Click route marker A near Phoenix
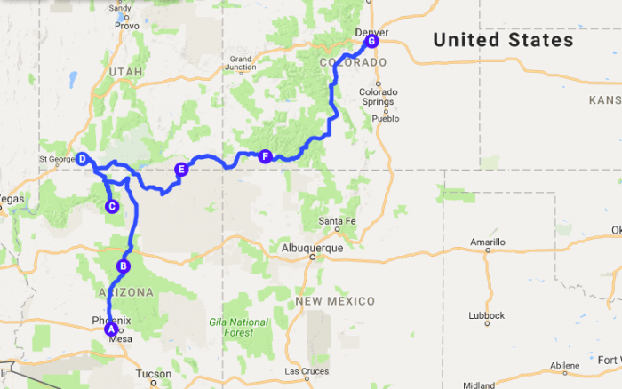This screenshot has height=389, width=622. point(111,329)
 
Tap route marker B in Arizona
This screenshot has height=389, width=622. point(124,266)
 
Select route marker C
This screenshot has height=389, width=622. point(112,207)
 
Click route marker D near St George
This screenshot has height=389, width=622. point(82,160)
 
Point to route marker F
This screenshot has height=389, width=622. point(264,157)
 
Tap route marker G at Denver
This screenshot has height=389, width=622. point(371,41)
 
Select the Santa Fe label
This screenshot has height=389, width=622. point(331,221)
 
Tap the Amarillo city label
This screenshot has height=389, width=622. point(487,242)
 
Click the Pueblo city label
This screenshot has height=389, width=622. point(386,118)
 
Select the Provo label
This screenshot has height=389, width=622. point(127,26)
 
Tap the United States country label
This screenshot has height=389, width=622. point(503,41)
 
